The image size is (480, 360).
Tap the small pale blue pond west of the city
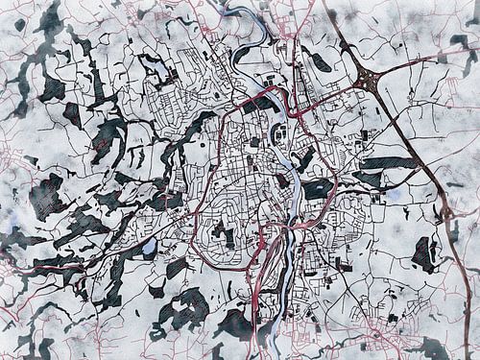[149, 247]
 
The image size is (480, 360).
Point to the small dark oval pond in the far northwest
[19, 25]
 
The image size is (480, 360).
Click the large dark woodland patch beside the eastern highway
[422, 254]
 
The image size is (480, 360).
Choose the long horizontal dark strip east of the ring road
[389, 163]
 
